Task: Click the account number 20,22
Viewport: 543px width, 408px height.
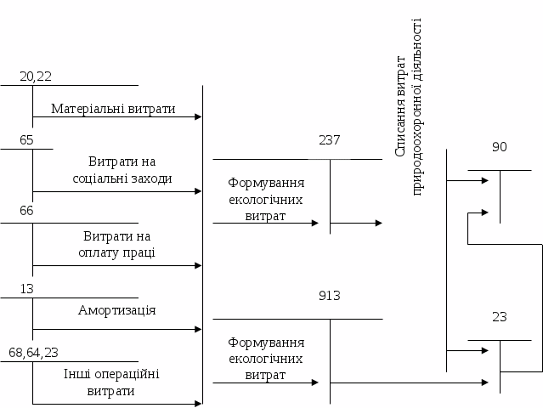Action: click(x=36, y=76)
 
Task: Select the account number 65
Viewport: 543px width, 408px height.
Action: click(x=26, y=140)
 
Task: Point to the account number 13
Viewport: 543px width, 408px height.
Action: click(x=26, y=289)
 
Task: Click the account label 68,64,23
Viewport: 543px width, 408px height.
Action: click(x=34, y=352)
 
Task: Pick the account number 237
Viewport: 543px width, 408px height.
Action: click(x=330, y=140)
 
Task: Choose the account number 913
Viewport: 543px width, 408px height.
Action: click(x=330, y=296)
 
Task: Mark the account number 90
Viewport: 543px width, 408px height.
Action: click(x=500, y=147)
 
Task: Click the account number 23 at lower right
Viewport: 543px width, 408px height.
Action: click(x=500, y=317)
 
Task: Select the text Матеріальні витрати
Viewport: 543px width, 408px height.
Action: click(x=113, y=109)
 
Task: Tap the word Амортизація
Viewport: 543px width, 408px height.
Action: click(x=116, y=309)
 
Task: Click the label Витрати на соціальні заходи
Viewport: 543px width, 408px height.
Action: click(x=122, y=170)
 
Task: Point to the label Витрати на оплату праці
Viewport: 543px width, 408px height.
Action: click(x=119, y=244)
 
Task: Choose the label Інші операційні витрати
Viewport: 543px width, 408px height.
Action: click(x=111, y=382)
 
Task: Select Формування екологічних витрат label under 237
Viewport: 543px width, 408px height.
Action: click(x=266, y=200)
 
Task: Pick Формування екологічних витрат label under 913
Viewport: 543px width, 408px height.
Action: click(x=266, y=359)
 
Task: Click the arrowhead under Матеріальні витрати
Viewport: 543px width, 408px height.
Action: click(x=198, y=117)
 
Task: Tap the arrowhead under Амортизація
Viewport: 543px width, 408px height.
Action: click(x=198, y=329)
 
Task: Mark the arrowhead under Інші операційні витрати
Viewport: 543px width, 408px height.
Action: click(x=198, y=403)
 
